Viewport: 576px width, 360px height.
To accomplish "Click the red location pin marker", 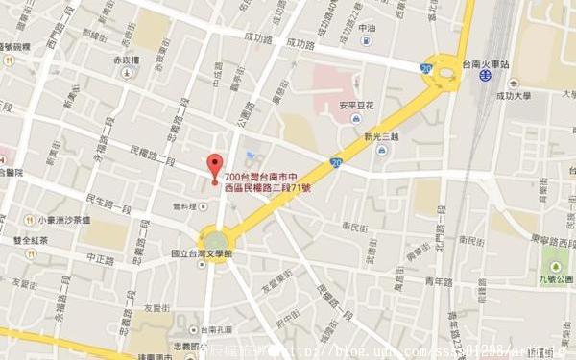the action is click(215, 164).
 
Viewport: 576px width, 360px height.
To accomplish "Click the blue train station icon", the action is click(487, 70).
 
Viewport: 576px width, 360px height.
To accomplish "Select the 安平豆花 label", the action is click(355, 106).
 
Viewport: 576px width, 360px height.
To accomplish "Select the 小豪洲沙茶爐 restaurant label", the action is click(59, 219).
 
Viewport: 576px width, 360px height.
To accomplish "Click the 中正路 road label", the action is click(101, 258).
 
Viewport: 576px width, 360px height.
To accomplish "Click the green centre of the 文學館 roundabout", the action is click(215, 239).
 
